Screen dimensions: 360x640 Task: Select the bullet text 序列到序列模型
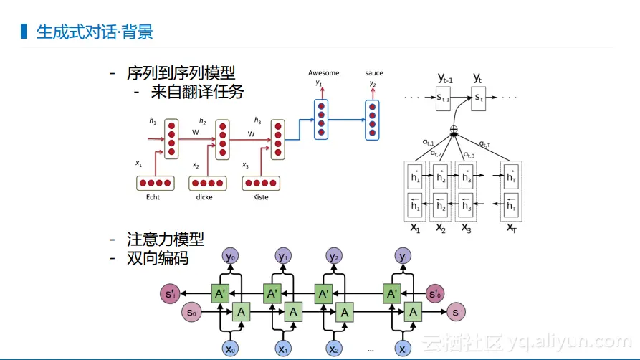point(181,73)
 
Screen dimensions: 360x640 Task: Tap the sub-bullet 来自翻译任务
point(198,92)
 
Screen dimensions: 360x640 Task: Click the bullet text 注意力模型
point(166,240)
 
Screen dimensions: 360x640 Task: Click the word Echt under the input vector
point(153,197)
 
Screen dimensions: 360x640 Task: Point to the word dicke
point(204,197)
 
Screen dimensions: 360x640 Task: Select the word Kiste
point(261,197)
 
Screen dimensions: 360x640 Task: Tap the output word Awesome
point(323,73)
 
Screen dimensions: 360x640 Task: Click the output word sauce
point(373,73)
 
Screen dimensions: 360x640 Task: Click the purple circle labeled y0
point(230,256)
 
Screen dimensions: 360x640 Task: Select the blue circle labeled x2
point(333,349)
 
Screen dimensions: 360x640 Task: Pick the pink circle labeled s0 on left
point(192,312)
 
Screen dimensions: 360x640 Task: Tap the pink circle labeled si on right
point(457,312)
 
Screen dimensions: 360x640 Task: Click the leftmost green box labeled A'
point(221,293)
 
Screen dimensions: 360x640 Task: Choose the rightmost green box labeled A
point(412,312)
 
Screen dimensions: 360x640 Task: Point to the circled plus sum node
point(453,131)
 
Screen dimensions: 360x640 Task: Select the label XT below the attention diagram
point(511,227)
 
